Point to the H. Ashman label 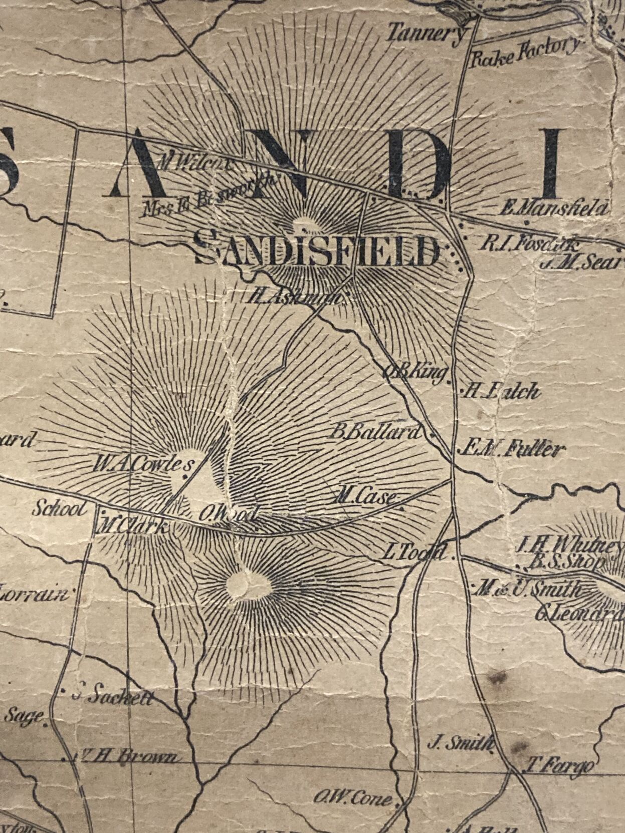(296, 296)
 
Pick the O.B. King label (415, 372)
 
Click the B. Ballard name (373, 432)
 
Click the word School (60, 509)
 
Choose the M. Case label (367, 496)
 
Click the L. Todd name (414, 552)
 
